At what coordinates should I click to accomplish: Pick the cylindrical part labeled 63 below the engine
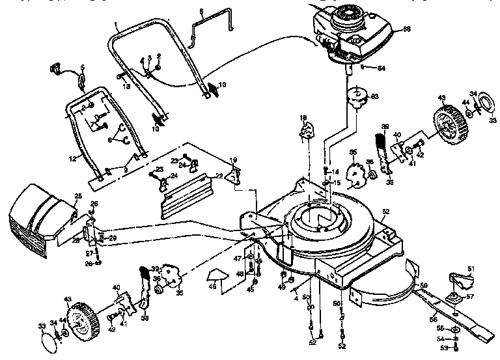[355, 98]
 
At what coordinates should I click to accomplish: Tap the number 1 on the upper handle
[116, 25]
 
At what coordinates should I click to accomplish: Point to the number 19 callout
[233, 159]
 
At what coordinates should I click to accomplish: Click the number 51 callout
[472, 269]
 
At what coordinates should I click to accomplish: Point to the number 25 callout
[78, 196]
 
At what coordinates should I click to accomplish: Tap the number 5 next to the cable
[83, 68]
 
